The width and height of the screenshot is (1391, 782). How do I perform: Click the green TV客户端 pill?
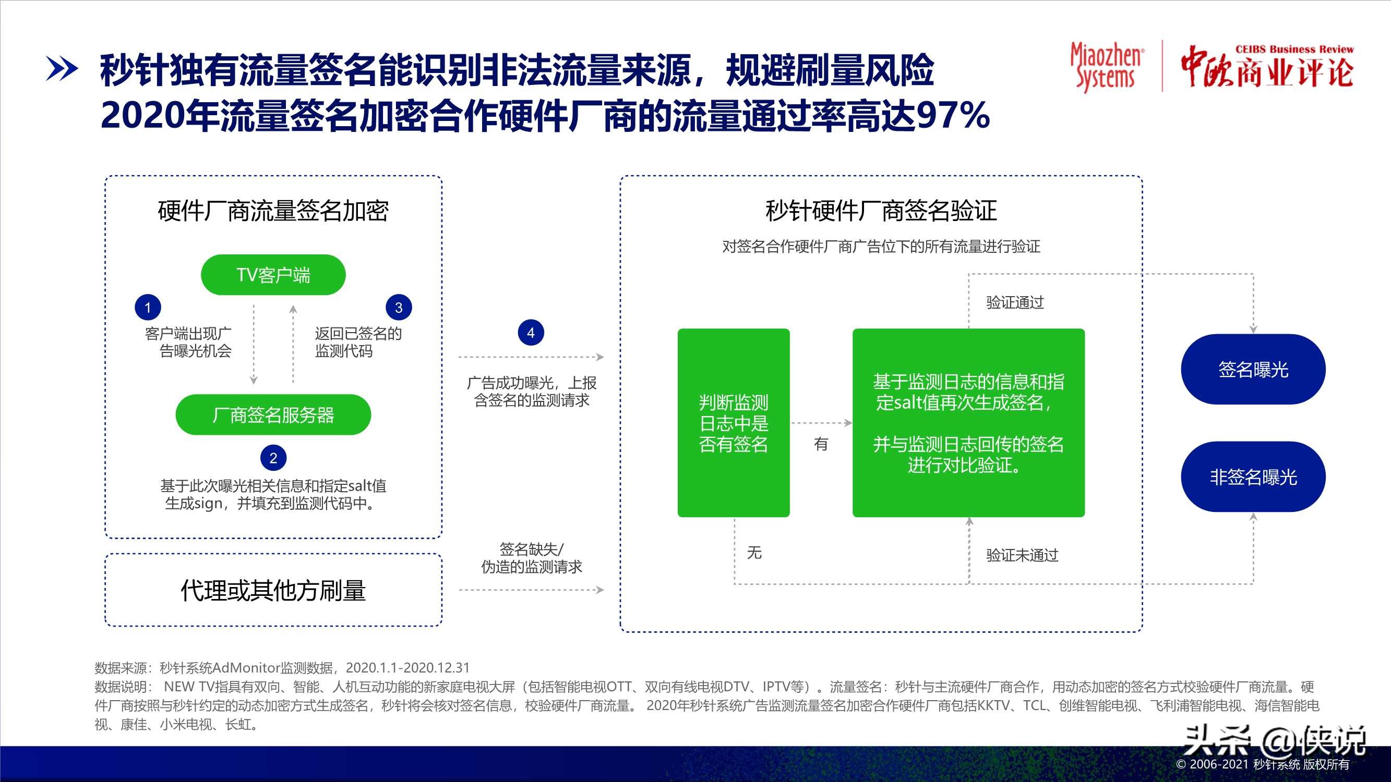[x=273, y=275]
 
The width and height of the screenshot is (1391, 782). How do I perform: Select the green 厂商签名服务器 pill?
[x=273, y=414]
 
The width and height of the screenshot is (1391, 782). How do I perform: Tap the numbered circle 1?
[x=148, y=308]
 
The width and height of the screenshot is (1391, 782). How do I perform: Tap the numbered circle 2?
[x=273, y=458]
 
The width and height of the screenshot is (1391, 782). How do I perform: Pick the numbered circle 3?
[x=399, y=308]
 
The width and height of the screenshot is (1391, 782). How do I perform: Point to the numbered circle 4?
[x=531, y=333]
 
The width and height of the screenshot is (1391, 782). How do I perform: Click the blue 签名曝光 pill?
[x=1253, y=370]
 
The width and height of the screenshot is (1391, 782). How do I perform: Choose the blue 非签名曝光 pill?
[x=1253, y=477]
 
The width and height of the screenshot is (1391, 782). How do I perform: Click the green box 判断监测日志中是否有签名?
[x=733, y=423]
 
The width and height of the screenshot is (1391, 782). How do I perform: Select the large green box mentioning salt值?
[x=968, y=423]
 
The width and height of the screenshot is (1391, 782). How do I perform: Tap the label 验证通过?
[x=1015, y=303]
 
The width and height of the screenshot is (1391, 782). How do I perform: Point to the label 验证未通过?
[x=1022, y=555]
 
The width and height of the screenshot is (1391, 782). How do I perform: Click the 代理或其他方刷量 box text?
[x=273, y=591]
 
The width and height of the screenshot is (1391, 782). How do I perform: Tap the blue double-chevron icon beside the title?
[x=62, y=69]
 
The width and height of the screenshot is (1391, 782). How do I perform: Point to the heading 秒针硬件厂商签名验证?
[x=881, y=211]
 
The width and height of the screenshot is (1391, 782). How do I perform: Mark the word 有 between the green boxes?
[x=821, y=444]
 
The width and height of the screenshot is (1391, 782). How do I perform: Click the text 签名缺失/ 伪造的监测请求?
[x=531, y=558]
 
